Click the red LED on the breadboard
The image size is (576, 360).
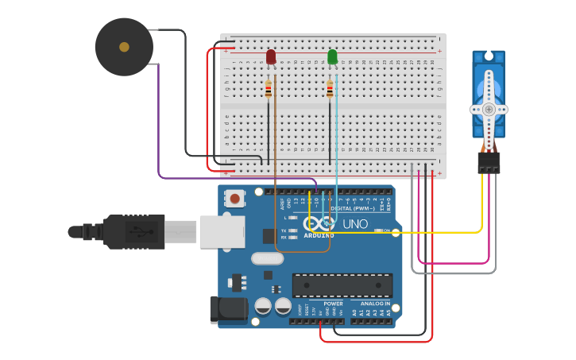[271, 57]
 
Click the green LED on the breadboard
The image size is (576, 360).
[332, 57]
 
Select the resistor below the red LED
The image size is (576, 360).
[269, 90]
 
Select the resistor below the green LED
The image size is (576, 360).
[330, 90]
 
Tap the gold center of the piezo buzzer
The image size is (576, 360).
[124, 47]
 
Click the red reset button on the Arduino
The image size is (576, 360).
[234, 197]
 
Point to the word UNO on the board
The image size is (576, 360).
[355, 224]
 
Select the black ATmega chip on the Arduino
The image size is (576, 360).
[342, 285]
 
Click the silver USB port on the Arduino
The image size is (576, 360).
[222, 231]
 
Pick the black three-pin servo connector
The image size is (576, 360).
[489, 162]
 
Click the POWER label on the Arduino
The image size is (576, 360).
[333, 304]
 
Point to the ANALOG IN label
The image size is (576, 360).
[375, 304]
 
